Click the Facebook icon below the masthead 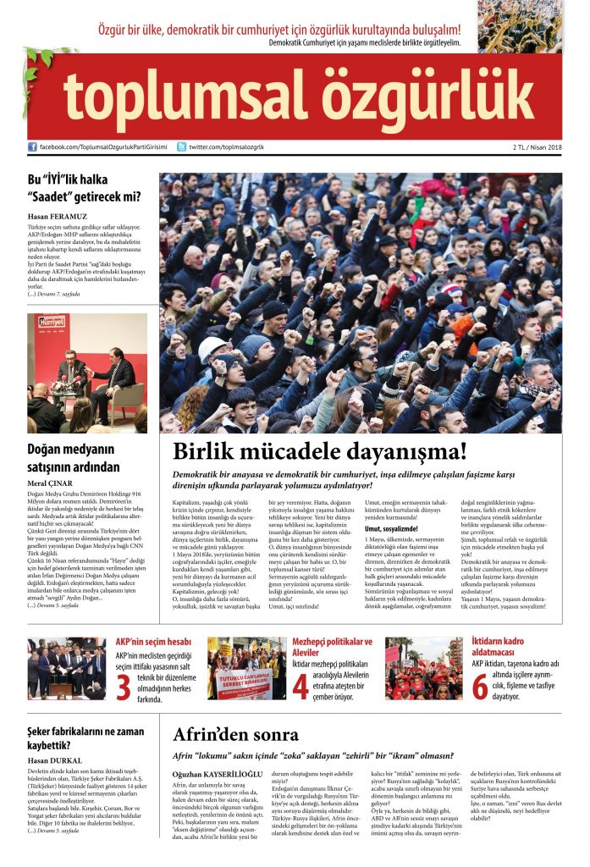pos(32,146)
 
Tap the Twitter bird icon pos(181,146)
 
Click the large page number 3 pos(124,688)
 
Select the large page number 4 pos(300,687)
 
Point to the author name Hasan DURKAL pos(53,760)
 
